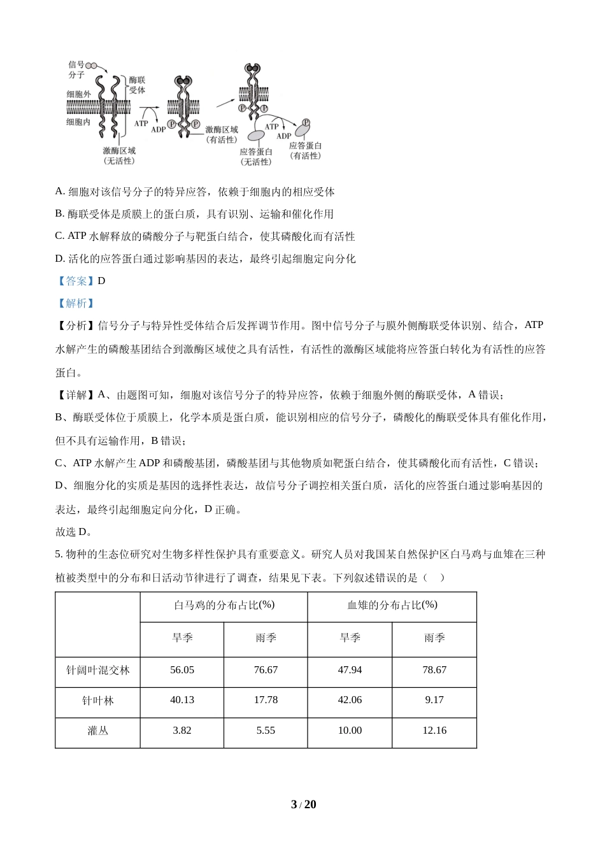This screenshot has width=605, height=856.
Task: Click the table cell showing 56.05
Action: [182, 670]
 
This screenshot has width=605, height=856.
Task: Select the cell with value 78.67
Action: [434, 670]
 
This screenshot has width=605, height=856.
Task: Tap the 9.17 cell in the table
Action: [434, 700]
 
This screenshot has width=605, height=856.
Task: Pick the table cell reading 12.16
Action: [434, 731]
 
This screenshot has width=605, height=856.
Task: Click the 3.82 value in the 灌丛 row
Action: [182, 731]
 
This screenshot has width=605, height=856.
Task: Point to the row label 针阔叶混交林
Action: [98, 670]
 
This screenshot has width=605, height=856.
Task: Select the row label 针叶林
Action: [98, 701]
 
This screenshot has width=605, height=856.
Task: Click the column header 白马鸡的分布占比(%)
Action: [224, 605]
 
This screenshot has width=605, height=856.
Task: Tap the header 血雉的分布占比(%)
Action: [392, 605]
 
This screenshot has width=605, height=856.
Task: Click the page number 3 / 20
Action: [303, 804]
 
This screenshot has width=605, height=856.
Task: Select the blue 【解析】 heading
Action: [76, 303]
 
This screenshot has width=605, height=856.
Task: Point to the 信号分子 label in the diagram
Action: [76, 70]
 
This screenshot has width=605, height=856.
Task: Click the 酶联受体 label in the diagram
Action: [137, 85]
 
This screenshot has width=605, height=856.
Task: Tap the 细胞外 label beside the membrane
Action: [78, 94]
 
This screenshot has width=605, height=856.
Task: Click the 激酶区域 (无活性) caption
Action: [119, 156]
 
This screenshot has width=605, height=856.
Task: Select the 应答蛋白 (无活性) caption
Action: [256, 157]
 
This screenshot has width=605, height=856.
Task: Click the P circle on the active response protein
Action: [306, 122]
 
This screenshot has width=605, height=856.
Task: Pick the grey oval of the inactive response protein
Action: [256, 136]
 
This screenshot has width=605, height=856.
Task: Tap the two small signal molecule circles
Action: [92, 65]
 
